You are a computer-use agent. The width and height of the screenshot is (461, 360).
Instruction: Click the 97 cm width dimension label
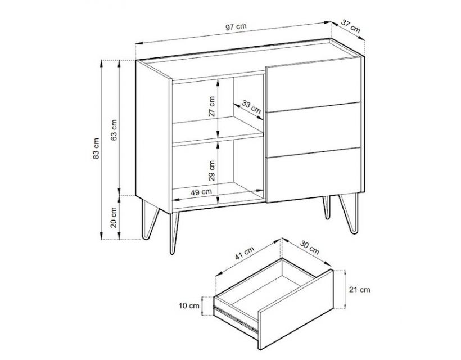click(236, 27)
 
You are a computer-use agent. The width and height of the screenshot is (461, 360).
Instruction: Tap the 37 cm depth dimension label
click(350, 26)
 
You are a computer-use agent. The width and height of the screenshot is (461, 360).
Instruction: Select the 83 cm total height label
click(96, 148)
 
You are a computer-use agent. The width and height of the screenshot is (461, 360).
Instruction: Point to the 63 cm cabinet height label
click(114, 130)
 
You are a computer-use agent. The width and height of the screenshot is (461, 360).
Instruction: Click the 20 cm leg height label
click(114, 217)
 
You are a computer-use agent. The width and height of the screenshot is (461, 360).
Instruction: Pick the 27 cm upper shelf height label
click(211, 106)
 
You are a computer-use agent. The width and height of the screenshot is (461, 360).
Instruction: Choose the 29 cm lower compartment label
click(211, 170)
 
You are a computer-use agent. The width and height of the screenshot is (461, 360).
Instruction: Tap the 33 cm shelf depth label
click(251, 106)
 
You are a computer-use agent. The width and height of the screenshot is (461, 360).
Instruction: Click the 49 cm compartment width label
click(201, 192)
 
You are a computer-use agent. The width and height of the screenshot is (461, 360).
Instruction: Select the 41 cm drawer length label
click(245, 253)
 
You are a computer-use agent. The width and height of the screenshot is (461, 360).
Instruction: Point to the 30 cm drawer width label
click(310, 247)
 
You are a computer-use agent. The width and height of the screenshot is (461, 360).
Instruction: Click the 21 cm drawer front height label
click(360, 290)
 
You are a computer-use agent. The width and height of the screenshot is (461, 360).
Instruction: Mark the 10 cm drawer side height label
click(189, 305)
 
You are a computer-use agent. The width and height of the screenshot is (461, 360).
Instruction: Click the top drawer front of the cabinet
click(313, 85)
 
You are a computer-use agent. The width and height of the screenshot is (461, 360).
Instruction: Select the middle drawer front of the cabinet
click(313, 130)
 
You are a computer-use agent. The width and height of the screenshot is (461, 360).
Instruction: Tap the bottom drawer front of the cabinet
click(313, 175)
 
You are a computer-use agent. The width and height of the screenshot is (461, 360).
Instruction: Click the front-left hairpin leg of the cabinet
click(174, 232)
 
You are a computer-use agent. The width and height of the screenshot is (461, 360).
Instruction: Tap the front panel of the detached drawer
click(296, 309)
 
